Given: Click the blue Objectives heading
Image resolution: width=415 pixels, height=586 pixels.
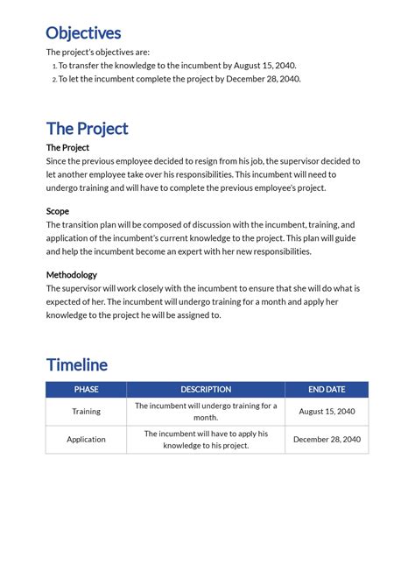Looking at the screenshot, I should (x=83, y=33).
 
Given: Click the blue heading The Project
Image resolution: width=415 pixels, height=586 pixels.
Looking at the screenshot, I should (x=87, y=129).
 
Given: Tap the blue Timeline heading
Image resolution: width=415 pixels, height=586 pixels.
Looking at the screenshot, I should (x=76, y=364).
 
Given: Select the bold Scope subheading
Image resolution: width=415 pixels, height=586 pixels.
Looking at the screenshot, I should (x=58, y=211).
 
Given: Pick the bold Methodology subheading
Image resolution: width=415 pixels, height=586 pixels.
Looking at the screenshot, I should (x=72, y=274).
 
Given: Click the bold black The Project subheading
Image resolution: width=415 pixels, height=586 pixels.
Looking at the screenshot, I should (x=67, y=148).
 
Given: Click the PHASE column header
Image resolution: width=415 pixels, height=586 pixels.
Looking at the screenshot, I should (x=86, y=389).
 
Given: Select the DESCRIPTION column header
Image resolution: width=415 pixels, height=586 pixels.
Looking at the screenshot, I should (x=206, y=389).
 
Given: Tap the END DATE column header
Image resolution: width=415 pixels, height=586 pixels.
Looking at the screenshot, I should (x=327, y=389).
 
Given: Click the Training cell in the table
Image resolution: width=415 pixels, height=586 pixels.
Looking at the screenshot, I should (x=86, y=411).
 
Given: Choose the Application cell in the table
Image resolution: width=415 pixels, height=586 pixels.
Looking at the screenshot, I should (x=86, y=439).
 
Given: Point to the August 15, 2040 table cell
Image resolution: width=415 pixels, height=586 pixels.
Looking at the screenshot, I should (x=327, y=411).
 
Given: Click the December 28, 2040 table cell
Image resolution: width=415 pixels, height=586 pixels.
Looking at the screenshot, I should (x=327, y=439).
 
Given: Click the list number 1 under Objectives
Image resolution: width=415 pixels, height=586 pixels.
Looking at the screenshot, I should (x=53, y=66).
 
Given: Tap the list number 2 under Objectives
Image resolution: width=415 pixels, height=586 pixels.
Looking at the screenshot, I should (x=53, y=80).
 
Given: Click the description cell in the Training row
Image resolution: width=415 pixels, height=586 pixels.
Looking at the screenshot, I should (x=206, y=411).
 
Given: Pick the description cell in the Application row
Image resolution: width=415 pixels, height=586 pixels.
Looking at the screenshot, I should (x=206, y=439).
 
